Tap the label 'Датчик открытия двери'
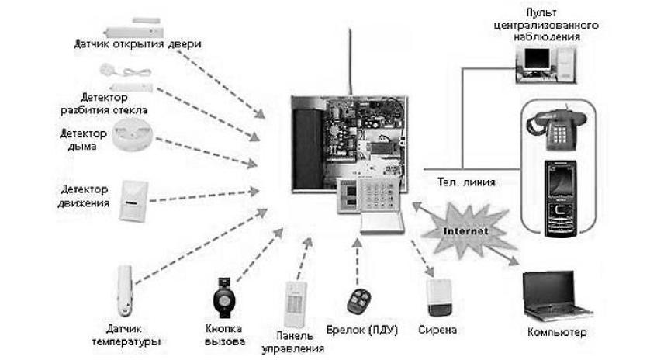pos(137,44)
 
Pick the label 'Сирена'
pos(437,330)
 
